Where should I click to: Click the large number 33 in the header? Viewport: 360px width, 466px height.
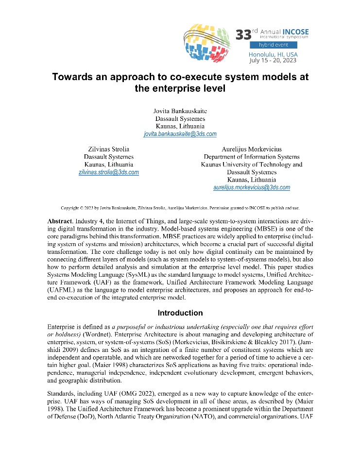pos(243,35)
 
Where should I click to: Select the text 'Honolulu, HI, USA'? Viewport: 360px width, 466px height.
pos(273,54)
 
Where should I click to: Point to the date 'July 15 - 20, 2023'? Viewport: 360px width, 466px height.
pos(273,61)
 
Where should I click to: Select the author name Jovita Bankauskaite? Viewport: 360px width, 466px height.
pos(180,111)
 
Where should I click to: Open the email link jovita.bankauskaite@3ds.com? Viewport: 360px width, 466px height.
pos(180,133)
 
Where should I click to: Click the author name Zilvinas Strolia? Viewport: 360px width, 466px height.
pos(109,150)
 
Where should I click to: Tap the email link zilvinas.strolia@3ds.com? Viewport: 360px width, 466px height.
pos(109,172)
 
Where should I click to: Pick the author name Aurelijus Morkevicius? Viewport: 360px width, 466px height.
pos(252,150)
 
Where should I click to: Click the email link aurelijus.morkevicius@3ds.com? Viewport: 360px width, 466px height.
pos(252,187)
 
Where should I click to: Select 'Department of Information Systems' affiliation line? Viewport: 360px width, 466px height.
pos(252,157)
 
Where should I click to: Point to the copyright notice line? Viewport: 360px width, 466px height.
pos(180,207)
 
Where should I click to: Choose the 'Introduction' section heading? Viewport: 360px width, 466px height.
pos(180,313)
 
